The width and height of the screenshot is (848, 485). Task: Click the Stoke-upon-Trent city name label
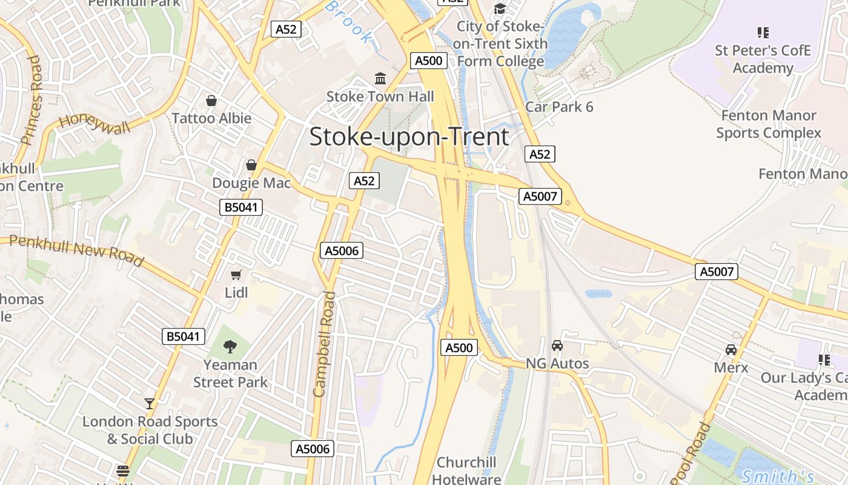click(x=409, y=137)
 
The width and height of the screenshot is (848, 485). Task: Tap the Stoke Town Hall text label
click(x=380, y=96)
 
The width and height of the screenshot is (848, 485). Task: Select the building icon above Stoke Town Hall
click(x=380, y=79)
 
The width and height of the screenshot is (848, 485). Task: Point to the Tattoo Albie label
click(x=211, y=118)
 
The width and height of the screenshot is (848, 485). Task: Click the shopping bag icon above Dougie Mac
click(x=251, y=165)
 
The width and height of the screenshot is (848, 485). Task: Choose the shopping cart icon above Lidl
click(x=236, y=275)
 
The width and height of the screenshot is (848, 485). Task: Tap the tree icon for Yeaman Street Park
click(x=230, y=347)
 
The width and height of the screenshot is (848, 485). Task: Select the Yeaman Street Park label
click(x=230, y=373)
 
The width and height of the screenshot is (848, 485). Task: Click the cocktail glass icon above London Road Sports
click(x=150, y=403)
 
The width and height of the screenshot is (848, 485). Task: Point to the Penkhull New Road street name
click(x=76, y=250)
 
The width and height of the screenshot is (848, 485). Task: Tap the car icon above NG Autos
click(x=557, y=346)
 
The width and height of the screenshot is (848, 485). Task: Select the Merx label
click(x=731, y=367)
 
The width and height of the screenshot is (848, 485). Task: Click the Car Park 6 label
click(x=559, y=107)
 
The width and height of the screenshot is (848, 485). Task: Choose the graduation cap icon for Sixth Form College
click(x=500, y=8)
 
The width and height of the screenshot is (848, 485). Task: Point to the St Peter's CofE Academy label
click(x=763, y=59)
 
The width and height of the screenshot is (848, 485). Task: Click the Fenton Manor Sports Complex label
click(x=769, y=124)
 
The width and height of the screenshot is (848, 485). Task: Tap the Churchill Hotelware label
click(x=466, y=470)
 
